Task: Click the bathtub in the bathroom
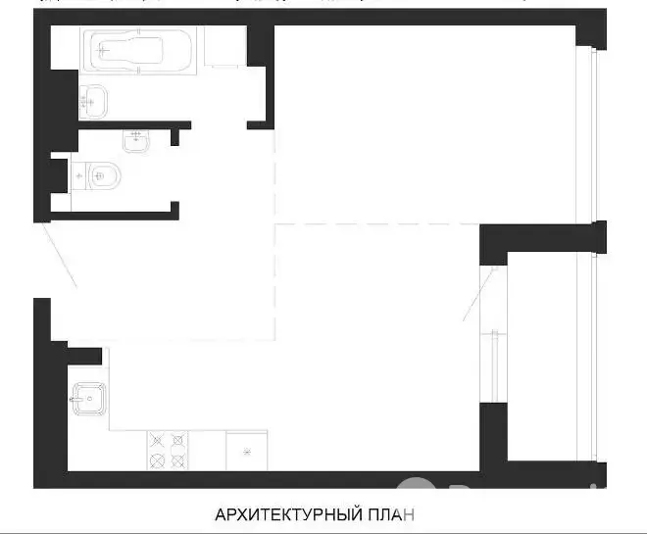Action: tap(138, 51)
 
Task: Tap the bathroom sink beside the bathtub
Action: tap(93, 102)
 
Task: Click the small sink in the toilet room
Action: tap(136, 141)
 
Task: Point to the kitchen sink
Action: tap(89, 399)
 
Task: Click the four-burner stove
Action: tap(168, 451)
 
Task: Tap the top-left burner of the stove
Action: tap(157, 440)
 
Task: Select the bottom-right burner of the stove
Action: tap(177, 461)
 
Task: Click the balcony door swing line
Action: tap(480, 294)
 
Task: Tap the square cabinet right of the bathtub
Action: tap(225, 46)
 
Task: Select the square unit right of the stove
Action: tap(247, 451)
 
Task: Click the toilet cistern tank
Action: tap(79, 176)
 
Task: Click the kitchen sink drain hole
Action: tap(89, 399)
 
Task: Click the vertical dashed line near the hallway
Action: tap(275, 234)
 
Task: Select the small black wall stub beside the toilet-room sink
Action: tap(174, 137)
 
